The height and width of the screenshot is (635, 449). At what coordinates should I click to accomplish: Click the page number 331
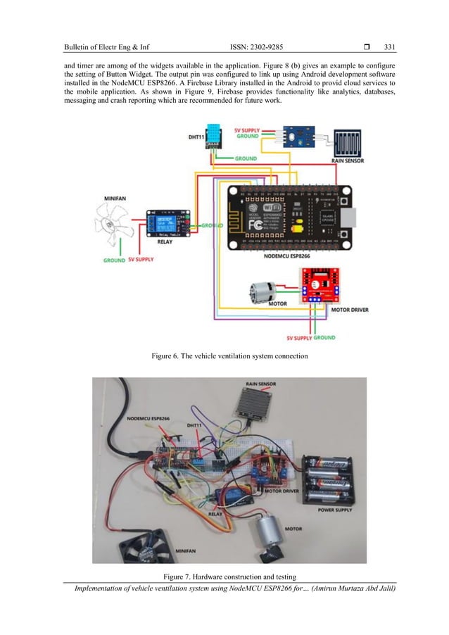tap(389, 47)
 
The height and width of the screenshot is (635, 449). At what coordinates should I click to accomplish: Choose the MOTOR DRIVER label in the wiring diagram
tap(348, 308)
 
